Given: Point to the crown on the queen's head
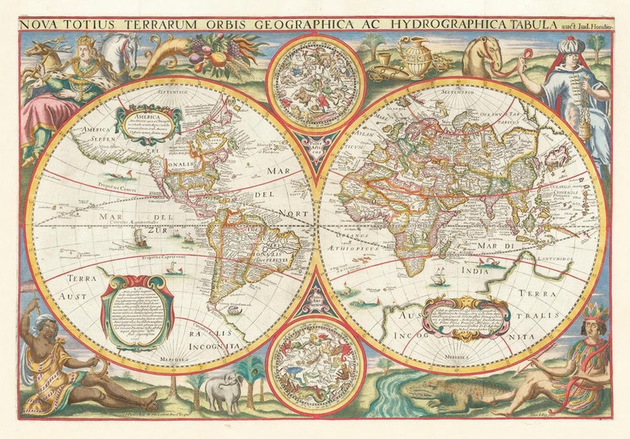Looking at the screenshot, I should [85, 40].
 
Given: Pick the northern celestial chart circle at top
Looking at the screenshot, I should [314, 83].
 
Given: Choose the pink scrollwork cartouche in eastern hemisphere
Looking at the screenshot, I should [467, 316].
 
